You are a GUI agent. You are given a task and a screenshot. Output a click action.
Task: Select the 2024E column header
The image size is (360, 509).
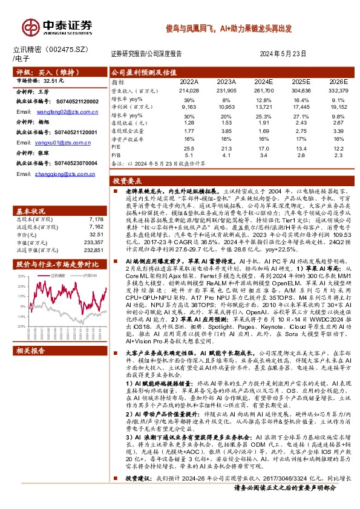point(264,82)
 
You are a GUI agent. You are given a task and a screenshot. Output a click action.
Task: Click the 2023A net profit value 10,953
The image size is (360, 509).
point(226,106)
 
